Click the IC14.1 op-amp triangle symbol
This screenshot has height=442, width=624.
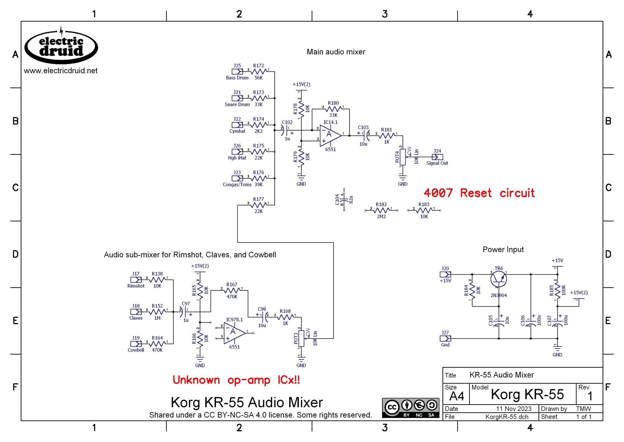(330, 135)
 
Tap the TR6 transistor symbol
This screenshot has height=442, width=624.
(498, 279)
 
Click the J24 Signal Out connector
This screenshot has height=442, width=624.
(437, 157)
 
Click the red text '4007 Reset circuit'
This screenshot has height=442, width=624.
(479, 193)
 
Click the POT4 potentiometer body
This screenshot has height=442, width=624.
(403, 157)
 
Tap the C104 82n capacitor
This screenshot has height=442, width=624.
(344, 200)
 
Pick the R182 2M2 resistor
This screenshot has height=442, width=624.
(381, 210)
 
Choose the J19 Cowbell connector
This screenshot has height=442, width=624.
(136, 344)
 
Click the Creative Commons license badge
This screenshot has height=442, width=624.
(410, 408)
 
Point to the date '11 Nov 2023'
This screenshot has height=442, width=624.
(514, 409)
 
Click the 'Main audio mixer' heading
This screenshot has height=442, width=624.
(336, 52)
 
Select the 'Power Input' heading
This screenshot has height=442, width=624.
(503, 249)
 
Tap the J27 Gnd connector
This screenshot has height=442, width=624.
(445, 339)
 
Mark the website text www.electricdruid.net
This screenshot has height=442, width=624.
(61, 71)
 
